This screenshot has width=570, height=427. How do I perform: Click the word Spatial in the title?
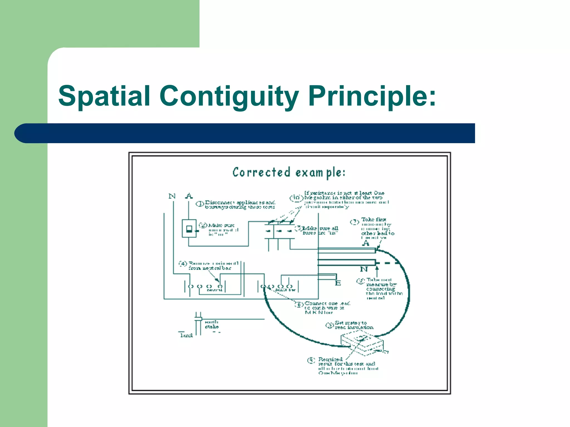[104, 96]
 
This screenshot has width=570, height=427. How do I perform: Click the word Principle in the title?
[372, 96]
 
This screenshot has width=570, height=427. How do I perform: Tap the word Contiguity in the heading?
[229, 96]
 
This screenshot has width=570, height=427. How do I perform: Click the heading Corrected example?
[289, 173]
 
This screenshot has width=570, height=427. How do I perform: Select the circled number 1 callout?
[200, 204]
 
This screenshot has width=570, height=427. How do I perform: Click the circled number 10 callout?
[296, 198]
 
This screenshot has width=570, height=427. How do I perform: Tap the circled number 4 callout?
[183, 264]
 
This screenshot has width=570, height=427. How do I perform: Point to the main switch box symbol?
[189, 229]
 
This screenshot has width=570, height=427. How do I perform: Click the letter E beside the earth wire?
[338, 283]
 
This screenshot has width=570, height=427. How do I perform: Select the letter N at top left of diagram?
[172, 196]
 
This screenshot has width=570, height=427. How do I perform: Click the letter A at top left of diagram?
[189, 196]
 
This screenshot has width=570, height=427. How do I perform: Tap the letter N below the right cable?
[364, 269]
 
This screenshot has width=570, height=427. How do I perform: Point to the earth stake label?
[212, 324]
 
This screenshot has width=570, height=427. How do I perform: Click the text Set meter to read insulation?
[354, 325]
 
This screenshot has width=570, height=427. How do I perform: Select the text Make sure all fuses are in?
[320, 230]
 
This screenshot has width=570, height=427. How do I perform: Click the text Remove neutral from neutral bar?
[213, 265]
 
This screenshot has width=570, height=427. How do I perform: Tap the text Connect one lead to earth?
[327, 308]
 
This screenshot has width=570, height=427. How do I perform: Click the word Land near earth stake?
[186, 335]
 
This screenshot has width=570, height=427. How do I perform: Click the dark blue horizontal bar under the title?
[245, 133]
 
